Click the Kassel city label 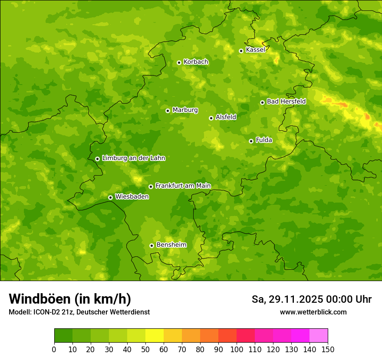pos(255,50)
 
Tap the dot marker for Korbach pos(179,62)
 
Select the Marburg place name pos(185,110)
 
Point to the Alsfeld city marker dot pos(211,118)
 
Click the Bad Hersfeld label pos(286,101)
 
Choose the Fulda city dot pos(251,141)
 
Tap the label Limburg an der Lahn pos(133,158)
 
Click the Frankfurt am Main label pos(183,186)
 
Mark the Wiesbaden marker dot pos(110,197)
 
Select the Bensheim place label pos(171,245)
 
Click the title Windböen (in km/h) pos(70,299)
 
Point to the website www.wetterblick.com pos(313,312)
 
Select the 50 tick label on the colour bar pos(145,349)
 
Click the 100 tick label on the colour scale pos(237,349)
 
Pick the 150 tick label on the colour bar pos(328,349)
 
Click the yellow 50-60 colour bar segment pos(155,336)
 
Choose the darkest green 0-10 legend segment pos(63,336)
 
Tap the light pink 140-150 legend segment pos(319,336)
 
